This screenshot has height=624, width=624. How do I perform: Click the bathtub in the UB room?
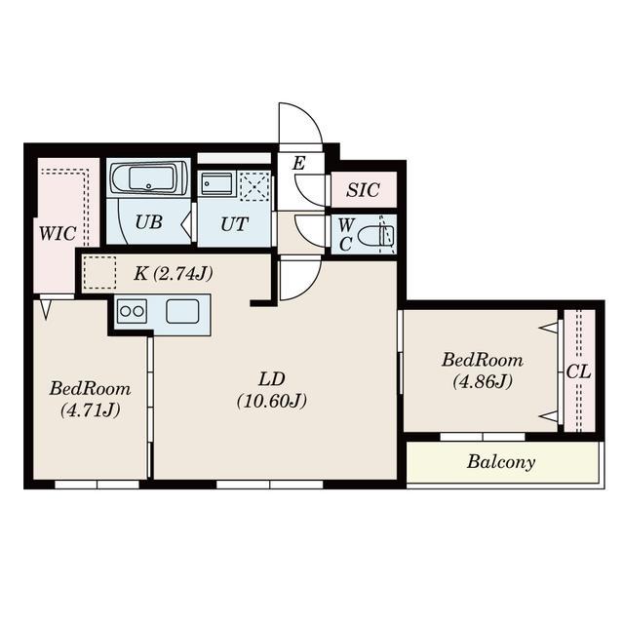[149, 178]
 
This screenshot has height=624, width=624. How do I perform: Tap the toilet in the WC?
[376, 236]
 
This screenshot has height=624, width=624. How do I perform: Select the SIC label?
[363, 190]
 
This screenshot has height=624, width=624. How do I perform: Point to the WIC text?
[58, 234]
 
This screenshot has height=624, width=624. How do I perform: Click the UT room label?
[234, 224]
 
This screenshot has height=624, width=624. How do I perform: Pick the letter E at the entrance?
[298, 163]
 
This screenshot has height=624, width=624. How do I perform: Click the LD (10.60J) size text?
[272, 401]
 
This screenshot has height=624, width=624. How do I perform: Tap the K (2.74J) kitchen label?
[174, 273]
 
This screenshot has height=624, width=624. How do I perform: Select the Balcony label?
[501, 462]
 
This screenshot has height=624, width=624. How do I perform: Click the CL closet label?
[578, 372]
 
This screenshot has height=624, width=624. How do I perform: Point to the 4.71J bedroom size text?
[91, 410]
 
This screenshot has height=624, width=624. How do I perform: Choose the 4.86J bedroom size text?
[483, 381]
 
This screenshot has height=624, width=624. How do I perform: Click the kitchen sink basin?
[182, 312]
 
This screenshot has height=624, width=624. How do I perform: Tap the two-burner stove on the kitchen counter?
[133, 312]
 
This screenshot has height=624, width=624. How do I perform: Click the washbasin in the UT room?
[216, 184]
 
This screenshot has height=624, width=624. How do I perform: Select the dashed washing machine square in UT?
[254, 186]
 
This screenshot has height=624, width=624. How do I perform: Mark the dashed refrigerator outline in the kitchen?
[99, 273]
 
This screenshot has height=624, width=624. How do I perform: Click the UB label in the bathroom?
[149, 222]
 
